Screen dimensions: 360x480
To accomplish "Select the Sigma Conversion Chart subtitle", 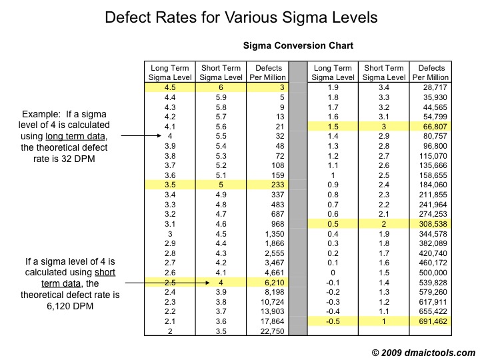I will point(298,46).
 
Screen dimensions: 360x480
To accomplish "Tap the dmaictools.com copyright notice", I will point(423,351).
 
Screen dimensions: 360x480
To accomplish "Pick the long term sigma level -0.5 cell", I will point(333,321).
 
